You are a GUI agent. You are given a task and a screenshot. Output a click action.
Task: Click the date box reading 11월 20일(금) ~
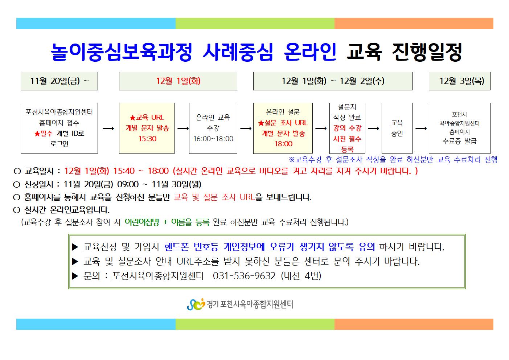(59, 81)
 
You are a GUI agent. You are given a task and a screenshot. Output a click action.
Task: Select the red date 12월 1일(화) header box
(178, 81)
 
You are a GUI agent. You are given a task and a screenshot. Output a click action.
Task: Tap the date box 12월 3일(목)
(460, 81)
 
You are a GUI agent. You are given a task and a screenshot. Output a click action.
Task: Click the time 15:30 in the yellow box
(147, 139)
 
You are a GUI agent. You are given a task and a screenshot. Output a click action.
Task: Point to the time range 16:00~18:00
(213, 139)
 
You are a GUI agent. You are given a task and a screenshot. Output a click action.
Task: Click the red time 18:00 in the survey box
(283, 144)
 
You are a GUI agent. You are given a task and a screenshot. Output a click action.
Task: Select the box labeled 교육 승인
(397, 128)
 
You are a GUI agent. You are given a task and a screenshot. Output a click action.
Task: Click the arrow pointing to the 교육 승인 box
(373, 128)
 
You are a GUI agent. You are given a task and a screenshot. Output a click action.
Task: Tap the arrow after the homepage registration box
(108, 128)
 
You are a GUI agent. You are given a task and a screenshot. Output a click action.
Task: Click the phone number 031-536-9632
(244, 276)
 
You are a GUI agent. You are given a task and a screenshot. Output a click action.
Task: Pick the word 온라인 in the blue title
(310, 52)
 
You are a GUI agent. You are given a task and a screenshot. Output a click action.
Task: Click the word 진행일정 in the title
(427, 52)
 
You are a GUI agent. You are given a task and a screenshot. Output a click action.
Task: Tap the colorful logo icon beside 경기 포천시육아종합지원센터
(196, 304)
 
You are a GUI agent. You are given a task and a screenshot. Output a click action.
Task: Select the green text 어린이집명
(142, 222)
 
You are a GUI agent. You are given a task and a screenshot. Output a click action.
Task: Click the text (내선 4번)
(301, 276)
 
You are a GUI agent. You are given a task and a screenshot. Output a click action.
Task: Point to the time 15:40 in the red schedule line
(124, 171)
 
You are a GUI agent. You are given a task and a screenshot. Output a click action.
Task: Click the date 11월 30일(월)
(176, 184)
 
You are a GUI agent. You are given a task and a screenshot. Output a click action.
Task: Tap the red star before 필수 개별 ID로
(37, 134)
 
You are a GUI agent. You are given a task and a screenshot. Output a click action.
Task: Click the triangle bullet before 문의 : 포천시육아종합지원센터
(75, 276)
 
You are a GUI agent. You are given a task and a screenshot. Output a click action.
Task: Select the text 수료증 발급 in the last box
(459, 141)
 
